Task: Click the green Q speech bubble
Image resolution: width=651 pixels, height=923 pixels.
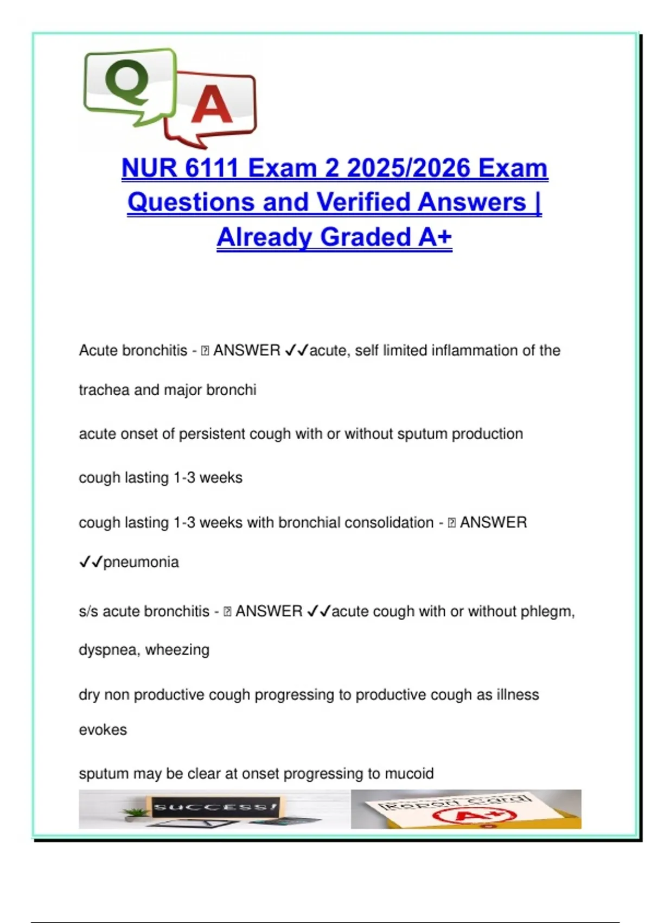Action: pos(129,85)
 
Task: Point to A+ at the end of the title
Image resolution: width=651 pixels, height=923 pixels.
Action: pos(435,237)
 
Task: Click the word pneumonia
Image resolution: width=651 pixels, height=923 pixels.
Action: pos(141,562)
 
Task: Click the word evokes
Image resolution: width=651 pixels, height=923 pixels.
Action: pos(103,730)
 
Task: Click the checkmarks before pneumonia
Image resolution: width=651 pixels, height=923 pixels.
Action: pos(90,562)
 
